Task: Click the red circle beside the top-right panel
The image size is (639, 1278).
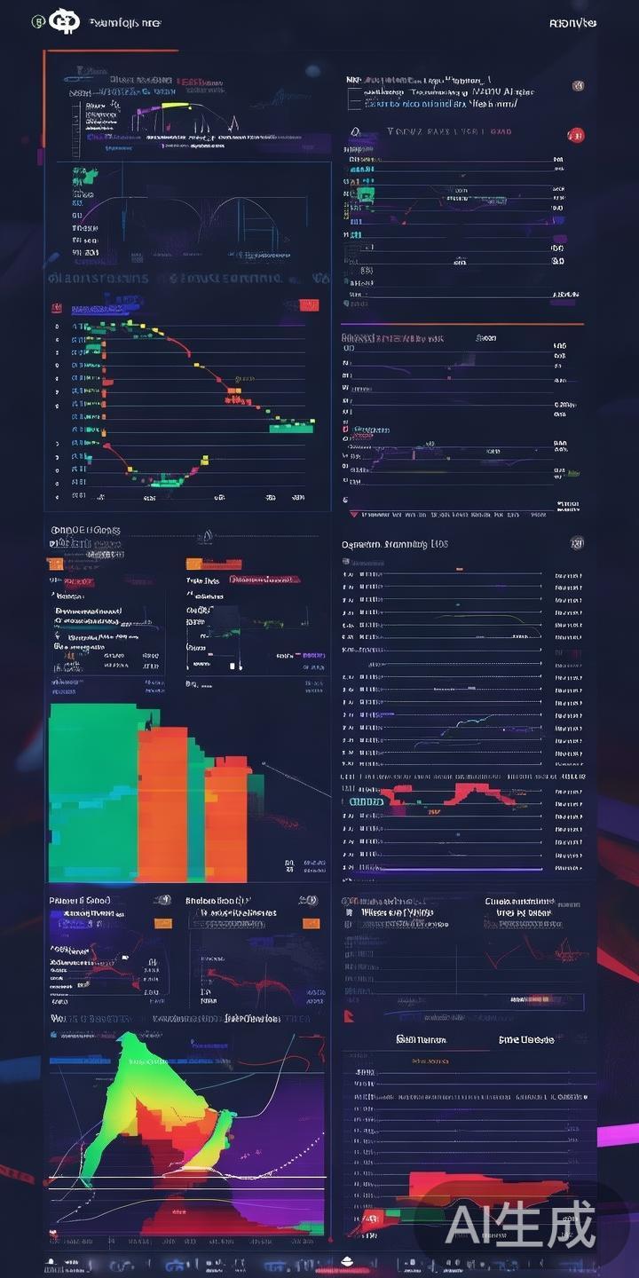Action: [x=576, y=135]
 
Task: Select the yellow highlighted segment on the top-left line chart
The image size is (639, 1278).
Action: [x=175, y=105]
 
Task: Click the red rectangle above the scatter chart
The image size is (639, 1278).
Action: [x=309, y=306]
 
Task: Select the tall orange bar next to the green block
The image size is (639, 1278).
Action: [x=162, y=803]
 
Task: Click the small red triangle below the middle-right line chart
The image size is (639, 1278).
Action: [x=355, y=513]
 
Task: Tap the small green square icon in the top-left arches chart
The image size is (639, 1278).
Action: [x=85, y=175]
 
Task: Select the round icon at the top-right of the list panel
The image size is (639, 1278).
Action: [x=577, y=543]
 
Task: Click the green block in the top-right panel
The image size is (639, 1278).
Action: [x=365, y=193]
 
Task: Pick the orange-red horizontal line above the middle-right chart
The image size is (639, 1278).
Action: [x=461, y=324]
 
